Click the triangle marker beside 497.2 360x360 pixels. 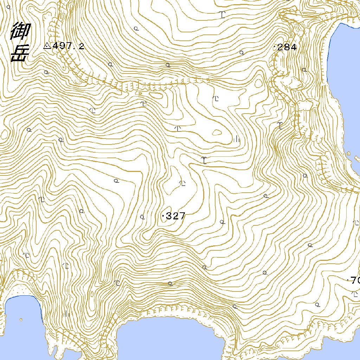point(47,45)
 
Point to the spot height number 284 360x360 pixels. point(287,47)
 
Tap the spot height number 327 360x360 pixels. point(175,216)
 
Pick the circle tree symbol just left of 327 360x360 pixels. point(142,217)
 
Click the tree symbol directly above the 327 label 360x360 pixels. point(182,183)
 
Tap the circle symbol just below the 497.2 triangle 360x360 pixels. point(46,72)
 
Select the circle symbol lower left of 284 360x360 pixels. point(242,53)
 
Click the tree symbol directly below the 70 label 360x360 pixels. point(354,293)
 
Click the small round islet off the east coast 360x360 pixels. point(348,153)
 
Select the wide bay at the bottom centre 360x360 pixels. point(169,337)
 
